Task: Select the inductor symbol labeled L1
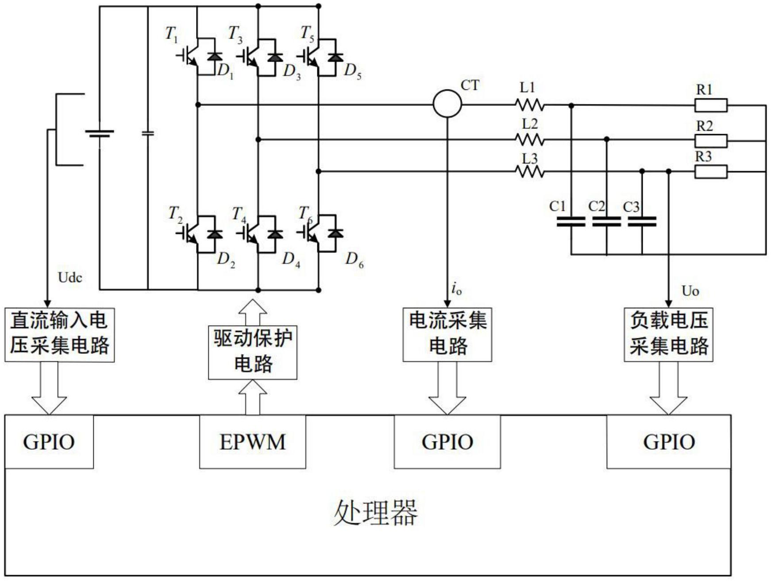click(530, 105)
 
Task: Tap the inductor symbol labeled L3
click(530, 171)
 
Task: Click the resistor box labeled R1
click(710, 105)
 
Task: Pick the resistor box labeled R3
click(710, 171)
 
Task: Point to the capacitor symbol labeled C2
click(606, 221)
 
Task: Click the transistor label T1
click(171, 34)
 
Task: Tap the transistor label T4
click(239, 214)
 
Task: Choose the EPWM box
click(252, 442)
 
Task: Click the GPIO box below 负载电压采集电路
click(668, 442)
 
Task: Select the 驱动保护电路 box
click(252, 352)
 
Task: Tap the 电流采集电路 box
click(447, 335)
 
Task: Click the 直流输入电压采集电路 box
click(59, 335)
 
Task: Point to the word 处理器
click(375, 513)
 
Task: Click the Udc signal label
click(70, 278)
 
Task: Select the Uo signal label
click(690, 291)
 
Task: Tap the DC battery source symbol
click(100, 133)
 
